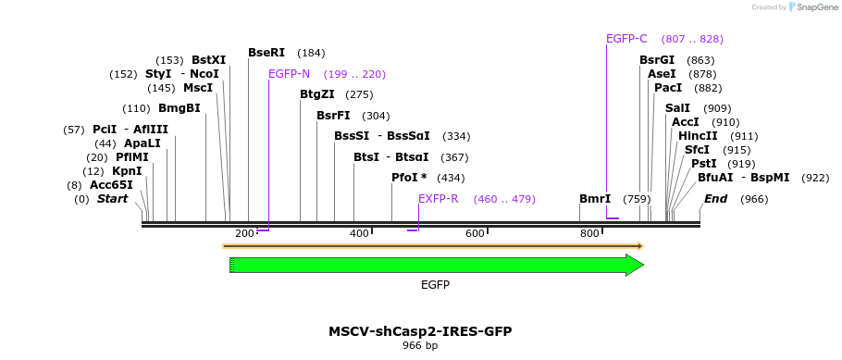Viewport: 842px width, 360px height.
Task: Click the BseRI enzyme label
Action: coord(266,53)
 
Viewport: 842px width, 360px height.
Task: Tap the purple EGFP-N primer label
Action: coord(289,74)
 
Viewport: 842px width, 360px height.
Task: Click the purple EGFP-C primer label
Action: coord(626,39)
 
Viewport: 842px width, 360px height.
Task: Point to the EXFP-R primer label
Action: coord(438,199)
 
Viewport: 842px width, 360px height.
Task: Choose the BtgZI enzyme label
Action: coord(317,94)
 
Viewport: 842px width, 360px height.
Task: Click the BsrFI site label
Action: coord(333,116)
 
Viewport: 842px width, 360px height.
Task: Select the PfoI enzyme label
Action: coord(409,178)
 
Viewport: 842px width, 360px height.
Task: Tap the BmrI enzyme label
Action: coord(594,199)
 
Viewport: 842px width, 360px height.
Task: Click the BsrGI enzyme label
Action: coord(657,60)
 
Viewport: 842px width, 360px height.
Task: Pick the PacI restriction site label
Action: coord(668,88)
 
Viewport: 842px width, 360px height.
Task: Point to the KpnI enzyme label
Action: coord(127,171)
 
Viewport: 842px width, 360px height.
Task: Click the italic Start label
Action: coord(112,199)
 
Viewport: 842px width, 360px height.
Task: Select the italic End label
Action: coord(715,199)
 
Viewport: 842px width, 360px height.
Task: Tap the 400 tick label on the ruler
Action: coord(359,234)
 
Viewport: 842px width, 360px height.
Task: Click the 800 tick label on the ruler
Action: coord(589,234)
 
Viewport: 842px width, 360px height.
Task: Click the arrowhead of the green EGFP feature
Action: coord(634,266)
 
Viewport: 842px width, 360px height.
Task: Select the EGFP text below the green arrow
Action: coord(435,285)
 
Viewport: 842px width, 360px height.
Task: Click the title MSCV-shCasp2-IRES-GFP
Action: coord(420,331)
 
